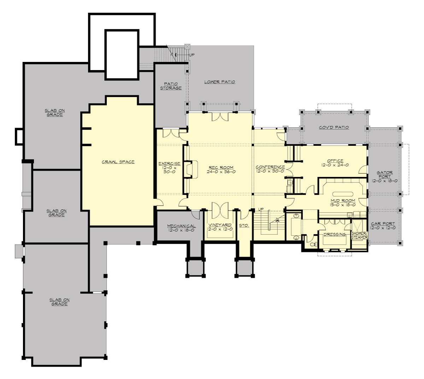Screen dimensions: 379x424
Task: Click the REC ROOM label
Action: (x=221, y=169)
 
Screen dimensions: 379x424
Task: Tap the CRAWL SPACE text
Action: (x=118, y=162)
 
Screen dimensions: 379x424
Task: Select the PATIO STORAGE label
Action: (x=171, y=86)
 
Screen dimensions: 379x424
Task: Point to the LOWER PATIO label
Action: (x=219, y=82)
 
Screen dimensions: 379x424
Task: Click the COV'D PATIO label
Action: (x=334, y=127)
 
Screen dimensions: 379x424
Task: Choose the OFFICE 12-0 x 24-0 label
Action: (x=335, y=163)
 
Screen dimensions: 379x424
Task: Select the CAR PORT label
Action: (x=383, y=226)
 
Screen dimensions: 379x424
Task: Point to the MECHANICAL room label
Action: (x=181, y=228)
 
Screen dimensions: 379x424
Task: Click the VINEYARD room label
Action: (x=220, y=227)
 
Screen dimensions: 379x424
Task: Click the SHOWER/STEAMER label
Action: (x=360, y=235)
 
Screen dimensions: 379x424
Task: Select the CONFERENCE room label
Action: (x=270, y=169)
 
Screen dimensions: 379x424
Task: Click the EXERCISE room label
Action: (x=169, y=168)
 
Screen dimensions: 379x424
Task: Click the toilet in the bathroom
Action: (x=312, y=244)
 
